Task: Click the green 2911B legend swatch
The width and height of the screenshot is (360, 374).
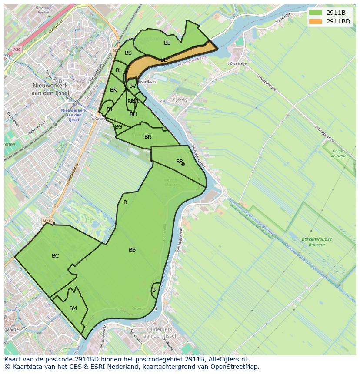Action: pos(316,13)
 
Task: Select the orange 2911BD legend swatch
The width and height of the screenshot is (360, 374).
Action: pos(316,21)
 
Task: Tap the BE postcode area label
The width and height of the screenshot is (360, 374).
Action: pos(167,43)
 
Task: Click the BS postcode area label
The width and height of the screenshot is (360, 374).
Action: pos(128,53)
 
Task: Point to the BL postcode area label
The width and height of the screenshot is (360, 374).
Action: pos(119,70)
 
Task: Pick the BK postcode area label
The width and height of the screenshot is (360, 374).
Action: pos(113,90)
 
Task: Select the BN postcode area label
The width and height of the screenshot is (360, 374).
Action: pos(148,137)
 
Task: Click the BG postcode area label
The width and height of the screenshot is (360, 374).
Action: pos(119,127)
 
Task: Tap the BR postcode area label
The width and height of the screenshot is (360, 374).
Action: pos(179,162)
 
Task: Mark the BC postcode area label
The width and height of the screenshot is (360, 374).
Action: pos(55,256)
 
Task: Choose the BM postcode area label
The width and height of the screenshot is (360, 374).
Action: pos(73,308)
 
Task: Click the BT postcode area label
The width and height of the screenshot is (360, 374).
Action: pos(155,290)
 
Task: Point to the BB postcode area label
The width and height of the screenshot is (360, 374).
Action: pos(132,250)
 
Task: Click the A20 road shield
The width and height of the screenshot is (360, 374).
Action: pos(17,50)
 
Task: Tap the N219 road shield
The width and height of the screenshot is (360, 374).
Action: pos(47,221)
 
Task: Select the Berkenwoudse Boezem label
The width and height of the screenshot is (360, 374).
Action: pos(316,242)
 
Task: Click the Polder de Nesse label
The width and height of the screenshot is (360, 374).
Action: pos(338,153)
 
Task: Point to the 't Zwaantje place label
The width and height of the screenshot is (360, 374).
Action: pos(237,63)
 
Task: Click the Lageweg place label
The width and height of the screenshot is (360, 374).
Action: pos(180,99)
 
